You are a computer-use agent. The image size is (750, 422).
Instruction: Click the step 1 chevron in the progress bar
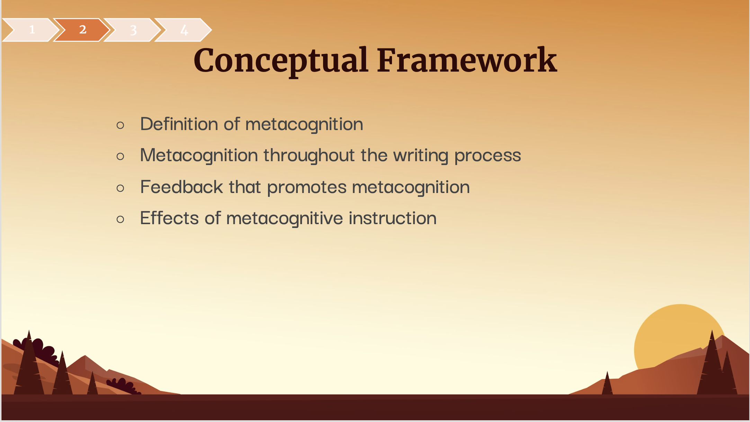[31, 30]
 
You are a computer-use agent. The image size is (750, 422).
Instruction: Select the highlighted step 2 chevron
[82, 30]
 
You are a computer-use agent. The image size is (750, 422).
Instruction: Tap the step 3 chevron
[133, 30]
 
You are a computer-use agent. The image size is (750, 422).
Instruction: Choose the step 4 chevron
[184, 30]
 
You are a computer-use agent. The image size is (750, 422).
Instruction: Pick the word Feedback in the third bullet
[181, 187]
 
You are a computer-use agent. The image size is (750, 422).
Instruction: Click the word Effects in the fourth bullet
[169, 218]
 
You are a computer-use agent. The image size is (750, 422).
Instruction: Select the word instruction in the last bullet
[393, 218]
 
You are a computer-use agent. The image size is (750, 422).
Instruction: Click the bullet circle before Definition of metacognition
[120, 125]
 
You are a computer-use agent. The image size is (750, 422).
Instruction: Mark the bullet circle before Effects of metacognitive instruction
[120, 219]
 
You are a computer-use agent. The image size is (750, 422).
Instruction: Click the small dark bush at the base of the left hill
[123, 386]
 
